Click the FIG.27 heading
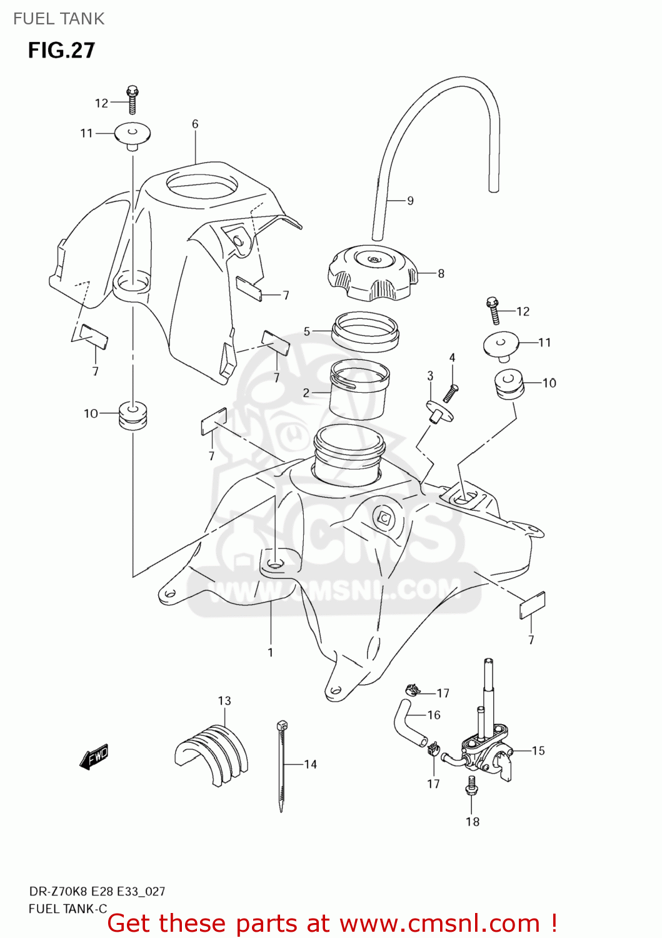[61, 50]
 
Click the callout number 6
[195, 124]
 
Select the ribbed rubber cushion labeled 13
[212, 753]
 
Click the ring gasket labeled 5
[365, 331]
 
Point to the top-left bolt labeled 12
[132, 99]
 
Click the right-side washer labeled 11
[501, 345]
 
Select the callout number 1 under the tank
[270, 652]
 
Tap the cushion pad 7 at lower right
[532, 605]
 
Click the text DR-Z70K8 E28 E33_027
[97, 891]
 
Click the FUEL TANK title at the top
[59, 19]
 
